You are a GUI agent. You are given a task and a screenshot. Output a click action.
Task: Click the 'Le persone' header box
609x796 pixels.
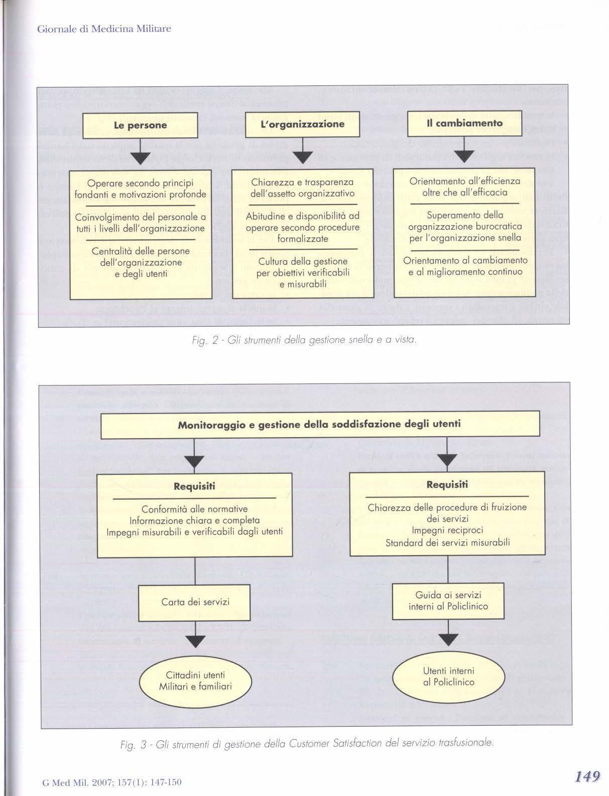click(140, 126)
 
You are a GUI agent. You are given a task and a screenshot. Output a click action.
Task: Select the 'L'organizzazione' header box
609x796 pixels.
click(303, 125)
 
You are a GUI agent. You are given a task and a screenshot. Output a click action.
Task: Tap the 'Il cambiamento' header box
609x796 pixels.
click(464, 124)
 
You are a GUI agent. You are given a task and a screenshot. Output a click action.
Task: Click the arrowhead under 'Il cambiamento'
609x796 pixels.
click(464, 156)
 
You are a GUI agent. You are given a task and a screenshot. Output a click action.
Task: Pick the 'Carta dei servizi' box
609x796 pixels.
click(195, 602)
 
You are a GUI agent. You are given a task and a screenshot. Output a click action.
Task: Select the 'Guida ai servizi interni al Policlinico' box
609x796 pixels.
click(448, 601)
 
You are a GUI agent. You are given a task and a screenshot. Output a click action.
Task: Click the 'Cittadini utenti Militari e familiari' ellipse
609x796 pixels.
click(195, 681)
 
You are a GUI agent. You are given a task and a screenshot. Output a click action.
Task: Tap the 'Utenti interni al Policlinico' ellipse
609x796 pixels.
click(448, 676)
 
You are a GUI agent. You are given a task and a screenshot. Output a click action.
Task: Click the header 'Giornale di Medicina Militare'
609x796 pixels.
click(104, 29)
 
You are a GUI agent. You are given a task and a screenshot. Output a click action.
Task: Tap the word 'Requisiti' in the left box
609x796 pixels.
click(194, 486)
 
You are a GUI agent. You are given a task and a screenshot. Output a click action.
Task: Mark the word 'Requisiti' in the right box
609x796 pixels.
click(447, 484)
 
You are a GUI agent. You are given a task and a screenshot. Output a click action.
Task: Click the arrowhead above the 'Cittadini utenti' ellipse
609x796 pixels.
click(195, 641)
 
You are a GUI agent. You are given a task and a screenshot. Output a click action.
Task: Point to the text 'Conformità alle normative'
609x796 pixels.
click(194, 509)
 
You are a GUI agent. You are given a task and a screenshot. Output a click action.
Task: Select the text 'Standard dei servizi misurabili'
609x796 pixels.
click(447, 542)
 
